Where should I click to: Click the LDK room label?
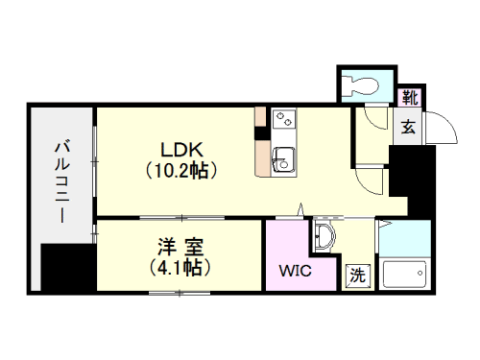[x=180, y=150]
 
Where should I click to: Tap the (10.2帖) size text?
[x=180, y=172]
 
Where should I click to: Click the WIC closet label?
[x=295, y=271]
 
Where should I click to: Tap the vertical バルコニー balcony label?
[x=61, y=182]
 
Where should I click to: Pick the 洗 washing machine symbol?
[x=356, y=274]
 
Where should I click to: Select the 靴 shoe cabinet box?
[x=410, y=97]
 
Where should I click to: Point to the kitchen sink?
[x=283, y=159]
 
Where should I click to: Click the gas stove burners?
[x=284, y=121]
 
